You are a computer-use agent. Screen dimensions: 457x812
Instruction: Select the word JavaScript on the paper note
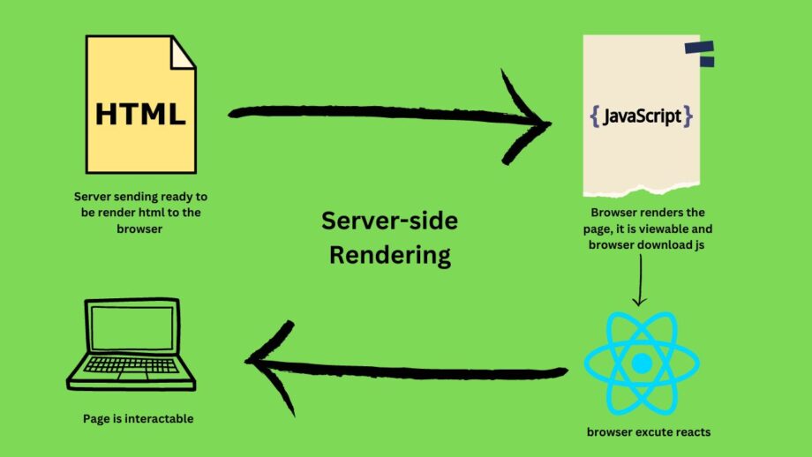click(x=642, y=116)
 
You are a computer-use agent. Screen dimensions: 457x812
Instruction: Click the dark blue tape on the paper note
click(x=698, y=54)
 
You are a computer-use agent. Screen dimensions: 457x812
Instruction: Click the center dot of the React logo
click(x=642, y=363)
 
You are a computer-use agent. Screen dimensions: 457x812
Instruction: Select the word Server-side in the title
click(x=389, y=221)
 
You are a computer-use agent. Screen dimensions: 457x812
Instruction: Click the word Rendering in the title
click(x=389, y=256)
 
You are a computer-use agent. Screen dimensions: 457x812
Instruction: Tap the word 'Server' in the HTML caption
click(x=94, y=196)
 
